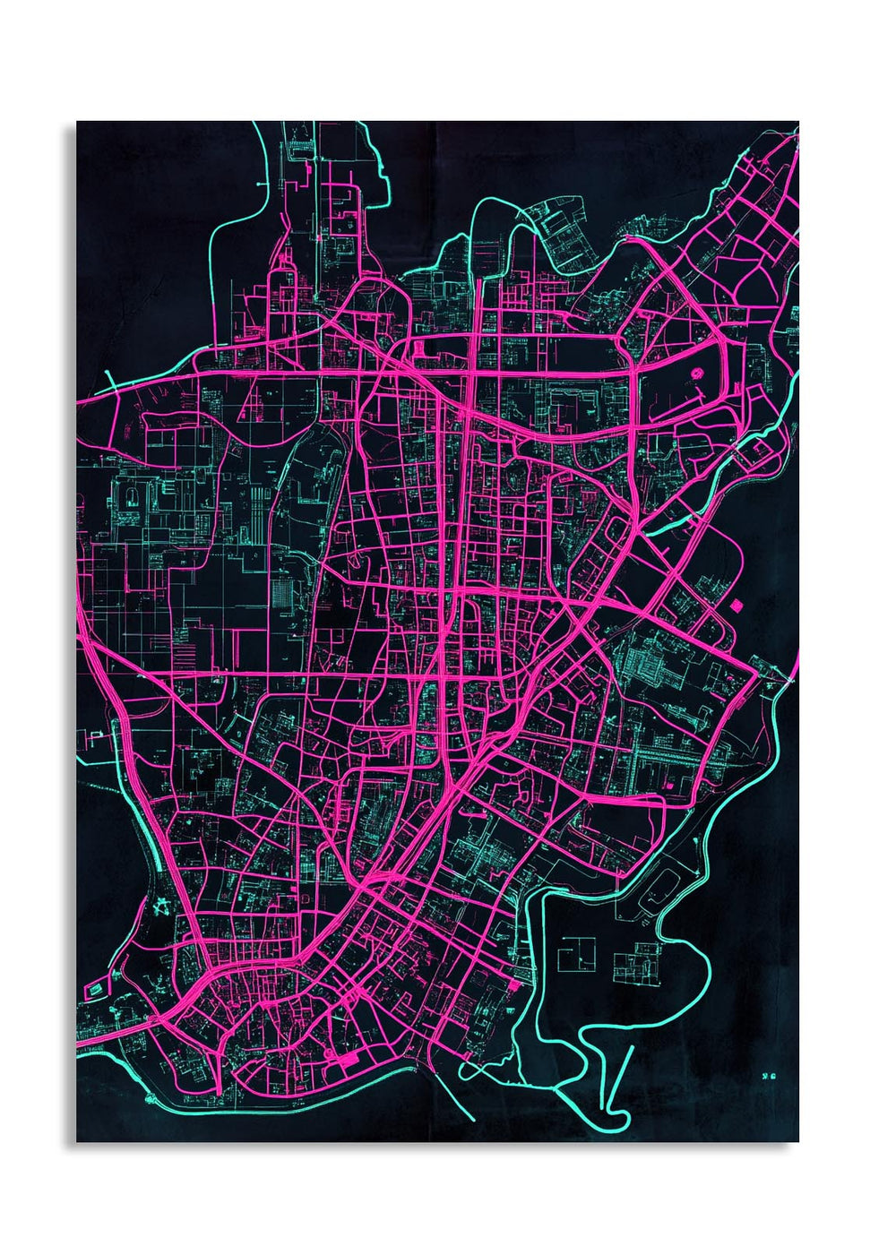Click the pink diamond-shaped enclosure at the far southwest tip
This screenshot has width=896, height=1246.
(x=95, y=990)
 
